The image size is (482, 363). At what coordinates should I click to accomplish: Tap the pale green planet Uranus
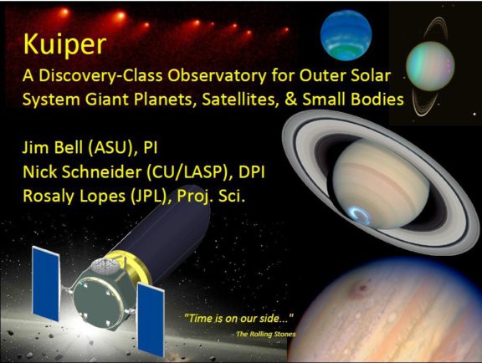432,66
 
